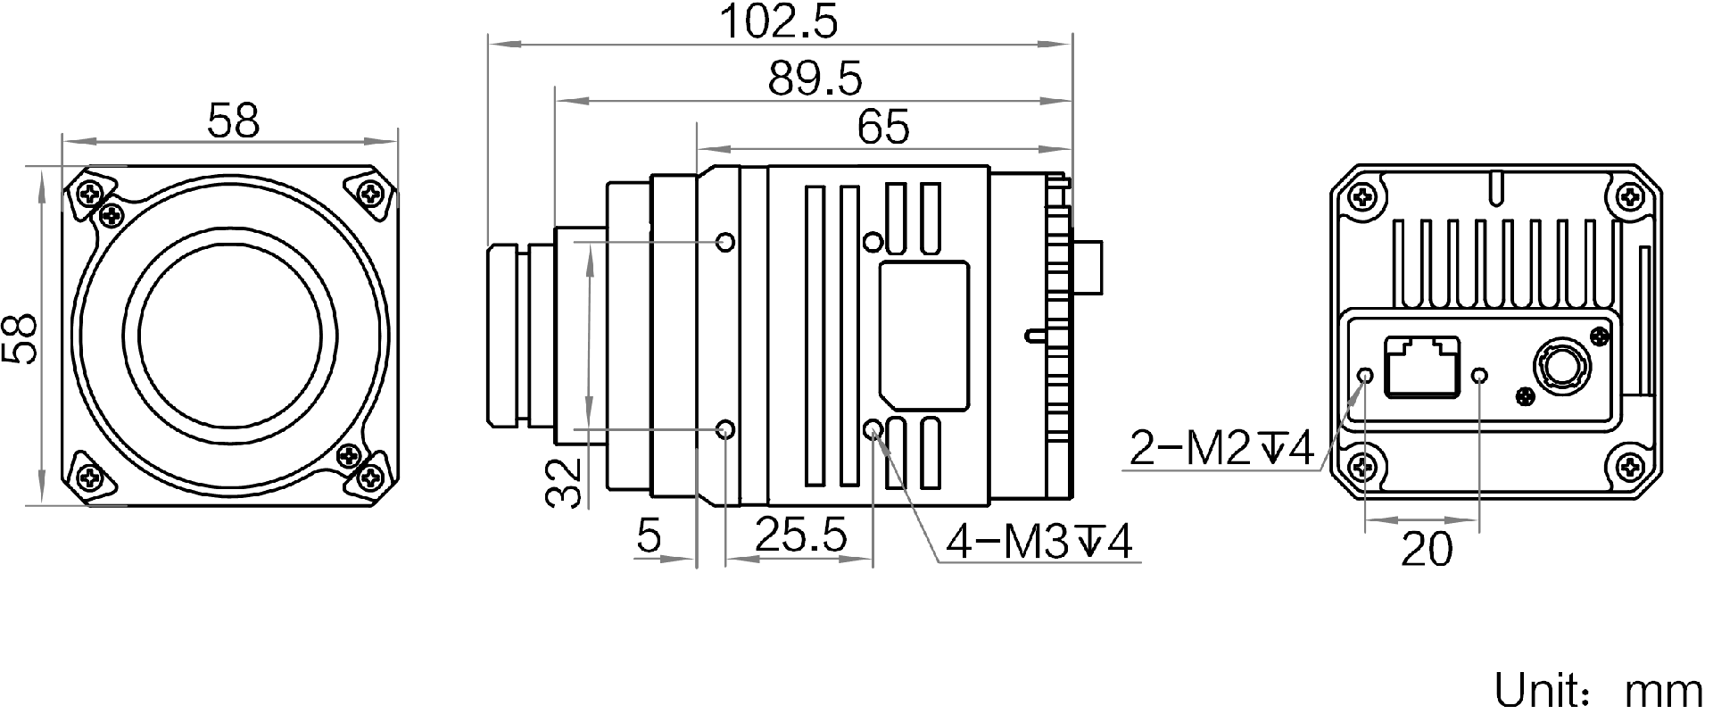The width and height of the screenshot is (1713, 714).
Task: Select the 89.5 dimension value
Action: (x=815, y=79)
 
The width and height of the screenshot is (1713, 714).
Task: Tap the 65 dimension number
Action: (x=882, y=127)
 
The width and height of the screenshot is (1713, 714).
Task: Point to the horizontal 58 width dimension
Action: (x=233, y=120)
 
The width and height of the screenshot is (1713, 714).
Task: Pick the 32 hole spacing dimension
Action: (x=564, y=483)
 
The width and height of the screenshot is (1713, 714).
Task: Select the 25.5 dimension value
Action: (x=800, y=535)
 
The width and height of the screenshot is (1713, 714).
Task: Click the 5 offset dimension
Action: (x=649, y=535)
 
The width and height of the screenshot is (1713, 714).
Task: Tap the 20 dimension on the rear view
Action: (x=1427, y=548)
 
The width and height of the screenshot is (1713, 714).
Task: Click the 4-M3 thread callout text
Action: (x=1039, y=541)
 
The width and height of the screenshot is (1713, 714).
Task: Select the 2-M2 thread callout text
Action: (x=1221, y=448)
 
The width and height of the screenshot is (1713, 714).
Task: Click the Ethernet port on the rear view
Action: (x=1420, y=366)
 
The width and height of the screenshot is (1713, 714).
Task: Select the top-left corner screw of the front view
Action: (x=90, y=192)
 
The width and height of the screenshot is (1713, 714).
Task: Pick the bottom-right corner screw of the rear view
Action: (x=1632, y=465)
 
